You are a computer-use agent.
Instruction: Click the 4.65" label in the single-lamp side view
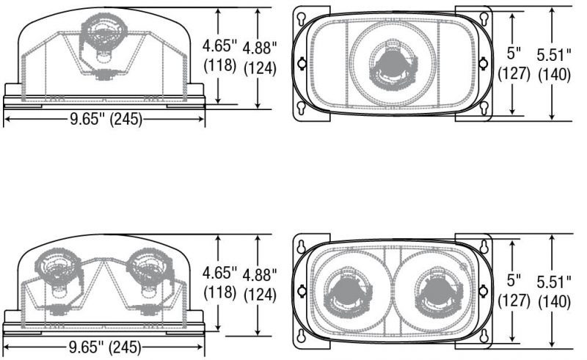tap(220, 46)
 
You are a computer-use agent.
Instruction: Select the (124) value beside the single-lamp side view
tap(260, 68)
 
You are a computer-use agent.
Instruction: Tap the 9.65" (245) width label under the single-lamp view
tap(106, 119)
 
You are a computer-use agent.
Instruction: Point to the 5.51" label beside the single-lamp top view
tap(554, 55)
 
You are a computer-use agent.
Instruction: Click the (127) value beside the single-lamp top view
tap(514, 73)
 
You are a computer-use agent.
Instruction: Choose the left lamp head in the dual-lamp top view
tap(347, 292)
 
